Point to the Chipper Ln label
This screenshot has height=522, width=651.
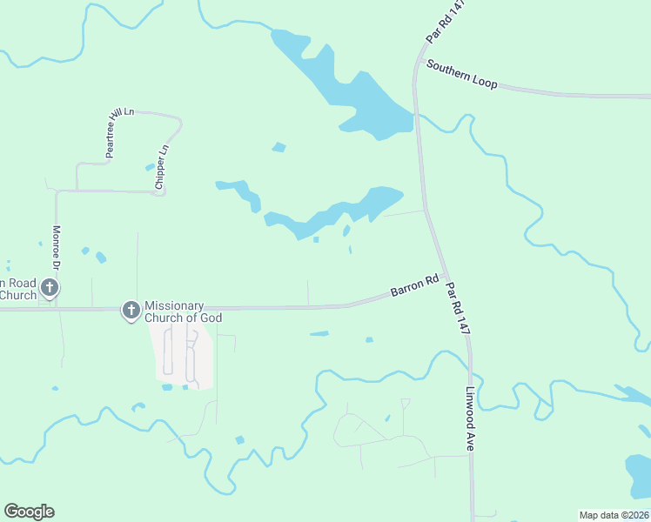point(161,167)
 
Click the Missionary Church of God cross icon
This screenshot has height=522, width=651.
point(131,310)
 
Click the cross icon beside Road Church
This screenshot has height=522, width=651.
point(50,287)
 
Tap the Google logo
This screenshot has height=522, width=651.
point(29,512)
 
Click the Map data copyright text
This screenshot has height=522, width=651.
point(614,515)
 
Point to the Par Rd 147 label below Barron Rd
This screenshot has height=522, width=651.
point(458,308)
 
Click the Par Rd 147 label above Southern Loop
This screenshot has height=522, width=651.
point(446,21)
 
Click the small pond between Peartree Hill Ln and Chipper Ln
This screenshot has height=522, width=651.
point(150,166)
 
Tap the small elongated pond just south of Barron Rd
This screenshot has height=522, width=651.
point(319,333)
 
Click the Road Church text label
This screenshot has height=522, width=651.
point(18,289)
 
